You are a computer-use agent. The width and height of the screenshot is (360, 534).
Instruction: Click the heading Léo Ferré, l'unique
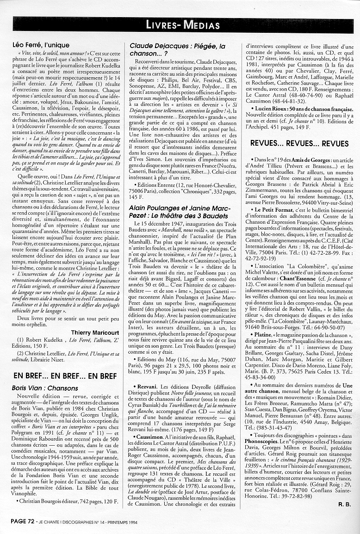coord(42,45)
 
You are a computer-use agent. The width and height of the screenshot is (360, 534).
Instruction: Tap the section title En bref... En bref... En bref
coord(65,376)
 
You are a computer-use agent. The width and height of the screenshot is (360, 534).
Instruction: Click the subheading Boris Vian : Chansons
coord(45,388)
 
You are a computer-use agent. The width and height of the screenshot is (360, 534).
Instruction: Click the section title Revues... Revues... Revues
coord(299,143)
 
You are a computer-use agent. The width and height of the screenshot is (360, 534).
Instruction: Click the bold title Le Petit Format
coord(271,209)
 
